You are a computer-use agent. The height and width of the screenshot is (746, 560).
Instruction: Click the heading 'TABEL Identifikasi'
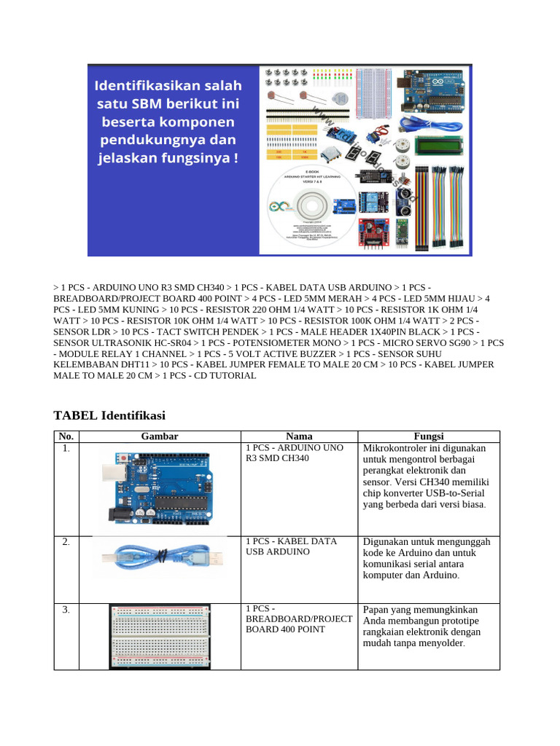(109, 415)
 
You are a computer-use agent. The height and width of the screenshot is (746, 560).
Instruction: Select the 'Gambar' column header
(160, 436)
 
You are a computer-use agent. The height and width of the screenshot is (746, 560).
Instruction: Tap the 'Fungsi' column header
(428, 436)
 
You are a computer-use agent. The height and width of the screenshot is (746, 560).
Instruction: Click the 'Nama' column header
(299, 436)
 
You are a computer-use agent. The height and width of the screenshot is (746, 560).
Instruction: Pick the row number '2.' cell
(66, 542)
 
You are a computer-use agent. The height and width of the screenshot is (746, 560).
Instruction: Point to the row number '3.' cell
(66, 610)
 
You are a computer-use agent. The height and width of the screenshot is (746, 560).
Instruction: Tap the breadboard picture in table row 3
(160, 635)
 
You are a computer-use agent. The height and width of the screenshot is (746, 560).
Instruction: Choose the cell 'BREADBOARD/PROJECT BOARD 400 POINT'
(299, 619)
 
